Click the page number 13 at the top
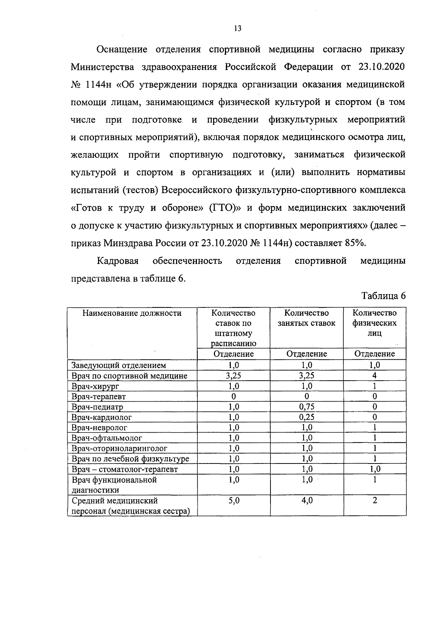(237, 29)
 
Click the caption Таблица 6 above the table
(383, 296)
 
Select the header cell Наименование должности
(132, 313)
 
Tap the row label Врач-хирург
(96, 386)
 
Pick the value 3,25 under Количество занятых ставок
(306, 376)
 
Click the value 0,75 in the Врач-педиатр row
(306, 407)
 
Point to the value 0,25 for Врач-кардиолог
(306, 417)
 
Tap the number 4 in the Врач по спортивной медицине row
(374, 376)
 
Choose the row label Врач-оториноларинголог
(119, 448)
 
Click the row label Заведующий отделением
(119, 365)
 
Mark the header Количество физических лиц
(374, 323)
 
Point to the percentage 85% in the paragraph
(355, 243)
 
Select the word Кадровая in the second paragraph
(118, 261)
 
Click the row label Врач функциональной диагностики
(114, 485)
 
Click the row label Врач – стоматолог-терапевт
(125, 469)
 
